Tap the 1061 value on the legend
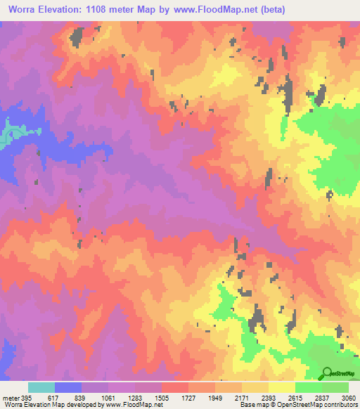pyautogui.click(x=108, y=397)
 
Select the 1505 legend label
pyautogui.click(x=162, y=397)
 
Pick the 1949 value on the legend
pyautogui.click(x=216, y=397)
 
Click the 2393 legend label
pyautogui.click(x=269, y=397)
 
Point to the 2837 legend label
pyautogui.click(x=322, y=397)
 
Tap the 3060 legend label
pyautogui.click(x=348, y=397)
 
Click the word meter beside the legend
pyautogui.click(x=11, y=397)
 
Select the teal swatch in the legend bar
pyautogui.click(x=41, y=387)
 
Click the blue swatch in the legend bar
pyautogui.click(x=68, y=387)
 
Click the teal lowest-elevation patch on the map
pyautogui.click(x=8, y=134)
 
